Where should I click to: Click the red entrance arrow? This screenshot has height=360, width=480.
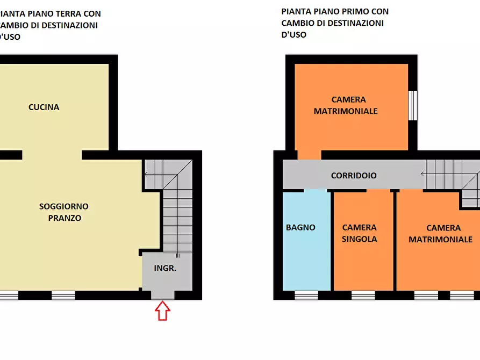pyautogui.click(x=162, y=311)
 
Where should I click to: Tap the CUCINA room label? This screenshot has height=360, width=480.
pyautogui.click(x=44, y=107)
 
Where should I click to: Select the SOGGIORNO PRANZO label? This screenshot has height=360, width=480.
pyautogui.click(x=64, y=212)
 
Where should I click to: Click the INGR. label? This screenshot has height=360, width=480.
pyautogui.click(x=165, y=268)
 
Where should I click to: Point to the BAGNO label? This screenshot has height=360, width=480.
pyautogui.click(x=300, y=227)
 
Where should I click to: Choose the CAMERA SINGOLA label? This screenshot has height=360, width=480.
pyautogui.click(x=359, y=233)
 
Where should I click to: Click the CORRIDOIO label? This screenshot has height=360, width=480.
pyautogui.click(x=354, y=175)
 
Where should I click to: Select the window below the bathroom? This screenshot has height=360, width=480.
pyautogui.click(x=306, y=295)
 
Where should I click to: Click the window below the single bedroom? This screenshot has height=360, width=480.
pyautogui.click(x=363, y=295)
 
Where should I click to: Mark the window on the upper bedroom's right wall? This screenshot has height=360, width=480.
pyautogui.click(x=412, y=105)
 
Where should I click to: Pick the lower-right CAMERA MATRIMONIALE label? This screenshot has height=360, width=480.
pyautogui.click(x=440, y=234)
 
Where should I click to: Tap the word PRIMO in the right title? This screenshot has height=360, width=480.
pyautogui.click(x=359, y=11)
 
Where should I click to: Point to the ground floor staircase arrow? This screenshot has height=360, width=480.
pyautogui.click(x=147, y=174)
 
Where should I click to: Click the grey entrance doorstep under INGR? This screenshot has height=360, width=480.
pyautogui.click(x=162, y=294)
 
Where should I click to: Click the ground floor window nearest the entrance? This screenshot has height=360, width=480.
pyautogui.click(x=63, y=295)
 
